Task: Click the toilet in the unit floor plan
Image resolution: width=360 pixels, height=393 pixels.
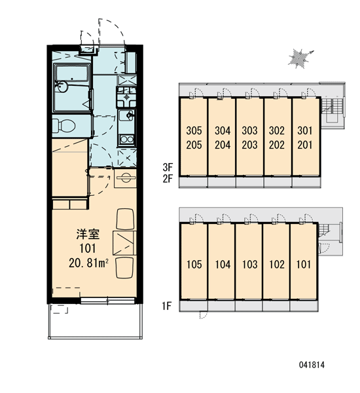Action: pyautogui.click(x=64, y=126)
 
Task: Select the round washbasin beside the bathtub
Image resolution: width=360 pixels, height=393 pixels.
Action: pyautogui.click(x=62, y=87)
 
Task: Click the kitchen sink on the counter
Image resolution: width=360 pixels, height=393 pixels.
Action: pyautogui.click(x=126, y=115)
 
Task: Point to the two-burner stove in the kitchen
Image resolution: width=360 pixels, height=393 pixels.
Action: pyautogui.click(x=126, y=140)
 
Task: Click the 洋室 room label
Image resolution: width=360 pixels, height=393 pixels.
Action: pyautogui.click(x=88, y=234)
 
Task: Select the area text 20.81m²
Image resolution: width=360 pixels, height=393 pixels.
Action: pyautogui.click(x=88, y=263)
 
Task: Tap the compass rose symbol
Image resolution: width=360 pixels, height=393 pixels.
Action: pyautogui.click(x=300, y=59)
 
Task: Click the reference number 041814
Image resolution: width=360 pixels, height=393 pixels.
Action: pyautogui.click(x=312, y=365)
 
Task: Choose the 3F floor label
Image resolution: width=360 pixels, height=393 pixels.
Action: pyautogui.click(x=168, y=166)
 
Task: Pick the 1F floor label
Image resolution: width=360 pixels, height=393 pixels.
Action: pyautogui.click(x=167, y=306)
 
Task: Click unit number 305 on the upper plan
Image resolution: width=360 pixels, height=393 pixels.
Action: pyautogui.click(x=194, y=130)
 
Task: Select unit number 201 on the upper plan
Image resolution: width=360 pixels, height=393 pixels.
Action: pyautogui.click(x=305, y=145)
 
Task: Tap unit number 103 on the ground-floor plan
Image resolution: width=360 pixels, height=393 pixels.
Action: pyautogui.click(x=250, y=265)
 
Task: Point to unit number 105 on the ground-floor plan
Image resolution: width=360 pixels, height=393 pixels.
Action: pyautogui.click(x=194, y=265)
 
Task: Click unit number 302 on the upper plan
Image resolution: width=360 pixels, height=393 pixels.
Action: pyautogui.click(x=277, y=130)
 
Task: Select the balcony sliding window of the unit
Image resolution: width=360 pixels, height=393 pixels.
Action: pyautogui.click(x=108, y=301)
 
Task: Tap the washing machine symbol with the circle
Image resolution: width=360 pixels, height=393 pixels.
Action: pyautogui.click(x=125, y=178)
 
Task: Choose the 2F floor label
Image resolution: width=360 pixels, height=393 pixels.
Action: pyautogui.click(x=168, y=179)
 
